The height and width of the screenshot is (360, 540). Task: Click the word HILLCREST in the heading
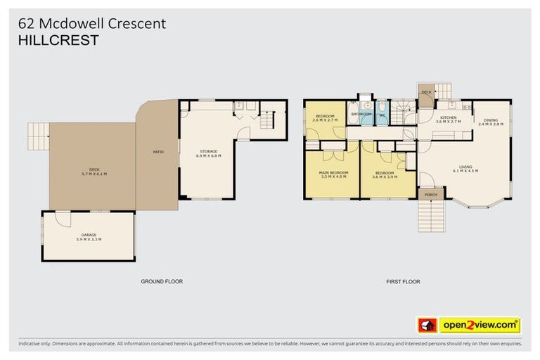(58, 41)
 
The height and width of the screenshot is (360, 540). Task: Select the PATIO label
(158, 151)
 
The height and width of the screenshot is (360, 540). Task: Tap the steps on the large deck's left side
(38, 131)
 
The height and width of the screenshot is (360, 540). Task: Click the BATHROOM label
(361, 113)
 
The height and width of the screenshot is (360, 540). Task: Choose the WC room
(380, 113)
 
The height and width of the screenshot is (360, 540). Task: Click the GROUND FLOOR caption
(162, 281)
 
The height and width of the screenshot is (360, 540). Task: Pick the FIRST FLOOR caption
(404, 281)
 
